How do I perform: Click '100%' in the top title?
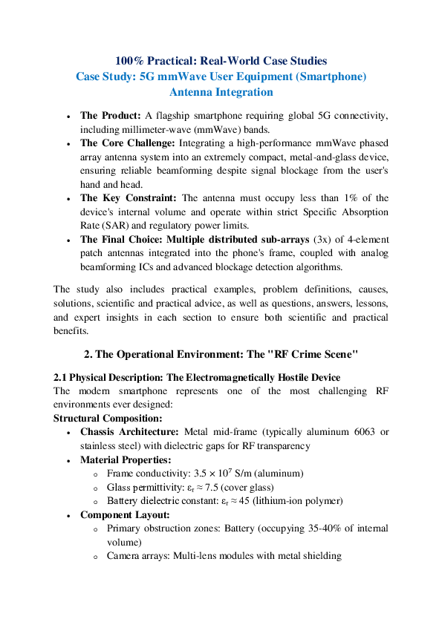coord(130,61)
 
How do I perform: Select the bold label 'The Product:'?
coord(111,116)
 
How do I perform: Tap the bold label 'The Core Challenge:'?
coord(127,143)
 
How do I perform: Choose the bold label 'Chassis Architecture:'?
coord(129,432)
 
